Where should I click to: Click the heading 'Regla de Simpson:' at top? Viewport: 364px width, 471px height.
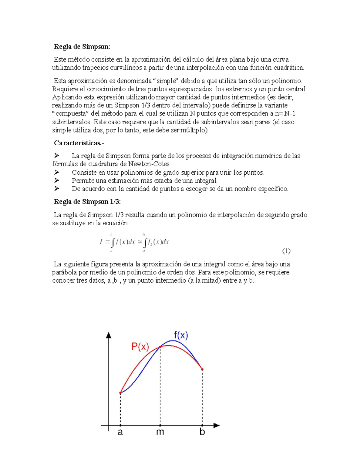pos(82,46)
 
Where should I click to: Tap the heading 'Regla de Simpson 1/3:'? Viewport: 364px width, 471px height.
pos(87,202)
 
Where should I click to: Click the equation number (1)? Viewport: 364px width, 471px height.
pos(286,251)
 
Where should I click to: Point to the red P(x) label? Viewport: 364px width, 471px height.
pos(140,346)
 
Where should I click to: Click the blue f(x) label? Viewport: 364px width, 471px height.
pos(181,335)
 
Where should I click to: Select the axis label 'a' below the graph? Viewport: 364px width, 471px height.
pos(120,432)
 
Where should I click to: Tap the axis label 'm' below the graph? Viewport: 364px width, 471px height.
pos(160,432)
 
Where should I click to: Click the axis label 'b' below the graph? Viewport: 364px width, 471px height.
pos(202,432)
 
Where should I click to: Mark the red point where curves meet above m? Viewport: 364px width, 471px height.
pos(160,347)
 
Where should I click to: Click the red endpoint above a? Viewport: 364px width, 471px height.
pos(120,393)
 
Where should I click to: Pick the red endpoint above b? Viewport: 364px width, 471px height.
pos(202,369)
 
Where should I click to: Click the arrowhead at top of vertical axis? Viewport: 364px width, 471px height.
pos(109,335)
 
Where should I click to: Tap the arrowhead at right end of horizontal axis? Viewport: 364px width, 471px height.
pos(216,426)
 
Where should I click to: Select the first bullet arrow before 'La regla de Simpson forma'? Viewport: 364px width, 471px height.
pos(56,156)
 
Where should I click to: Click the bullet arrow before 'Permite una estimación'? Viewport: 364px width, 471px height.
pos(56,180)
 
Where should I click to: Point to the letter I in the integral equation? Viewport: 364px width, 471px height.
pos(101,242)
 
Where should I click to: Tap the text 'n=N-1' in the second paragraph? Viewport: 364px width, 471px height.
pos(285,114)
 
